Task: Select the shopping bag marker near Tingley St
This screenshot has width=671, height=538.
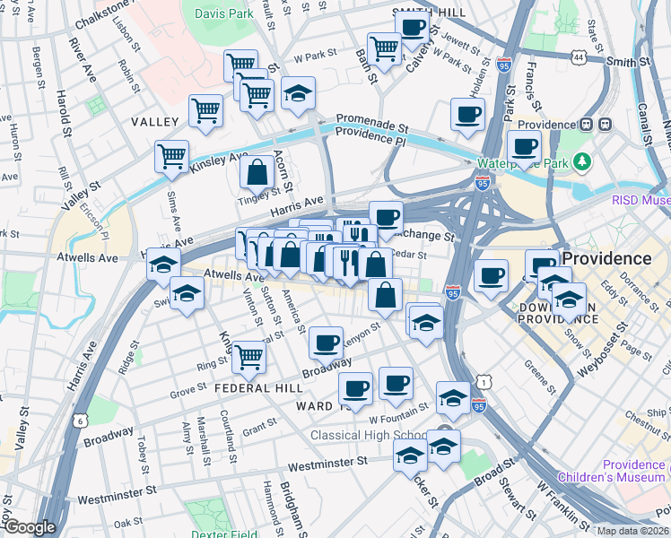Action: tap(257, 171)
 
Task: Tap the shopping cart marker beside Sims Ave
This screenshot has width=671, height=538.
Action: tap(171, 155)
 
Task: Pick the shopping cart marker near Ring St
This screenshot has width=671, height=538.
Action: tap(248, 356)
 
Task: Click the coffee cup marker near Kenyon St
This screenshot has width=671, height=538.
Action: tap(327, 342)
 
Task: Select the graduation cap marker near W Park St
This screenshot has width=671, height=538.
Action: tap(298, 93)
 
